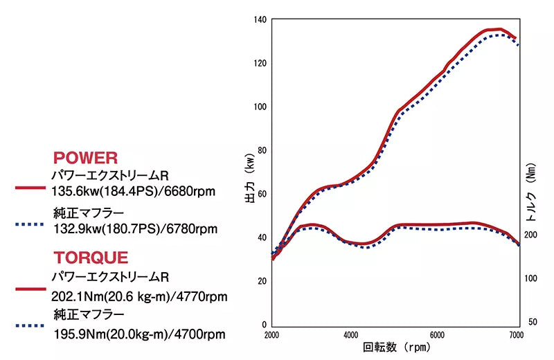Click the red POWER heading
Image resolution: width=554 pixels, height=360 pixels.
(x=85, y=158)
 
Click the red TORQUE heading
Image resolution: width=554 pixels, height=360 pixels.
(x=91, y=258)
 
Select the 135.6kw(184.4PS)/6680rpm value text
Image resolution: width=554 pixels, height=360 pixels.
(x=132, y=188)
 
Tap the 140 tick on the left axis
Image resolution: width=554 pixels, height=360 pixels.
(x=260, y=19)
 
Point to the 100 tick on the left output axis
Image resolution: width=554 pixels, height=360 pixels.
(x=260, y=107)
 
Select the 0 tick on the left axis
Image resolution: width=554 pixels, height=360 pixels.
(x=264, y=324)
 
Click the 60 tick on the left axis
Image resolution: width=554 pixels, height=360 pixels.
(x=262, y=194)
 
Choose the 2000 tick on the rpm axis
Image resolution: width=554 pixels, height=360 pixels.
(x=272, y=334)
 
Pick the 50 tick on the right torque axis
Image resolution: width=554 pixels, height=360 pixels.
(x=532, y=323)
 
